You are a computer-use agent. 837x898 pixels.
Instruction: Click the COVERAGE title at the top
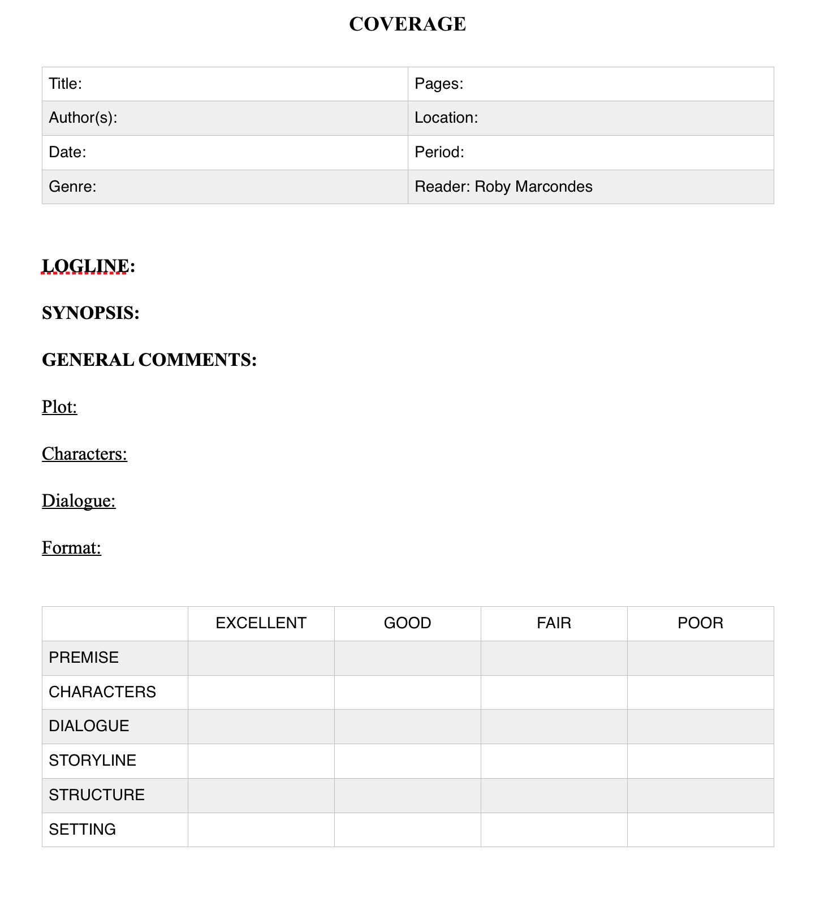click(x=407, y=24)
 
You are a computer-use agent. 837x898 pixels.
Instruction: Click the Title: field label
click(x=66, y=84)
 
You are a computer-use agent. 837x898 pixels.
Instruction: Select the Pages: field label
click(x=439, y=84)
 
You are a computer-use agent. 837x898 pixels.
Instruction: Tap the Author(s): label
click(x=83, y=118)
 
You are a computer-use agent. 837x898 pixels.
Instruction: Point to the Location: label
click(x=446, y=118)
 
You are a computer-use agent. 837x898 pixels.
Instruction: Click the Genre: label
click(x=72, y=187)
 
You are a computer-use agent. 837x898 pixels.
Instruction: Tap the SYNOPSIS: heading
click(x=90, y=313)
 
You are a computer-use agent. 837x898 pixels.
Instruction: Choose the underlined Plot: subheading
click(x=59, y=407)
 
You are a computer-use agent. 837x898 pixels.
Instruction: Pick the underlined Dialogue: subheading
click(x=79, y=501)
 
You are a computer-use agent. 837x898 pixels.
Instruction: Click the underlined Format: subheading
click(x=71, y=548)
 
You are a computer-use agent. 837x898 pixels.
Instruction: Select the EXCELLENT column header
click(x=261, y=623)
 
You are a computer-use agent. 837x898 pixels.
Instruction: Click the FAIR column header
click(x=554, y=623)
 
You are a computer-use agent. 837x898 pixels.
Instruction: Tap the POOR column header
click(x=700, y=623)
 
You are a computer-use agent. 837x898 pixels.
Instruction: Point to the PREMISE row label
click(x=84, y=658)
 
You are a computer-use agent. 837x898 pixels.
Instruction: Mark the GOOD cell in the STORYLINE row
click(x=407, y=761)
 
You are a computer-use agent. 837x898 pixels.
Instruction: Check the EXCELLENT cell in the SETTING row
click(x=261, y=830)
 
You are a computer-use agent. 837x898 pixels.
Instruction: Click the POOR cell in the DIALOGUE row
click(x=700, y=726)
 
